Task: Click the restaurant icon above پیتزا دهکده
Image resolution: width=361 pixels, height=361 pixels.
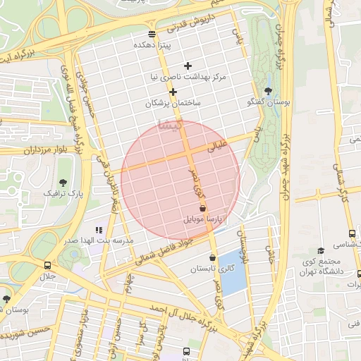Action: tap(152, 34)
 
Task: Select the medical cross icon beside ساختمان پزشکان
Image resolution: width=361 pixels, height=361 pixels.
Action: tap(173, 92)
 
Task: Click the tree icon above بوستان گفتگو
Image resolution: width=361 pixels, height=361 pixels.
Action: tap(268, 91)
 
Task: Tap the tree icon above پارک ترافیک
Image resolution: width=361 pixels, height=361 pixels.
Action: tap(64, 182)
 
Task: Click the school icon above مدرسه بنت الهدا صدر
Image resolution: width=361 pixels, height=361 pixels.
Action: tap(99, 230)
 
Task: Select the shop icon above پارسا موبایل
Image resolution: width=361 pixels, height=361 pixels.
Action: tap(203, 209)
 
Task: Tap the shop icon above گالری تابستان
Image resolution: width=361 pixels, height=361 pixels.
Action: tap(212, 258)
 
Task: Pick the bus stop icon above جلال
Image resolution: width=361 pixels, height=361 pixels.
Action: tap(47, 266)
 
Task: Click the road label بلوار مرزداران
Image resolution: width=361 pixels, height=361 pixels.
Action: tap(29, 149)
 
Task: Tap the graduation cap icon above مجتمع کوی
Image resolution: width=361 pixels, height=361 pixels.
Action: tap(321, 250)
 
